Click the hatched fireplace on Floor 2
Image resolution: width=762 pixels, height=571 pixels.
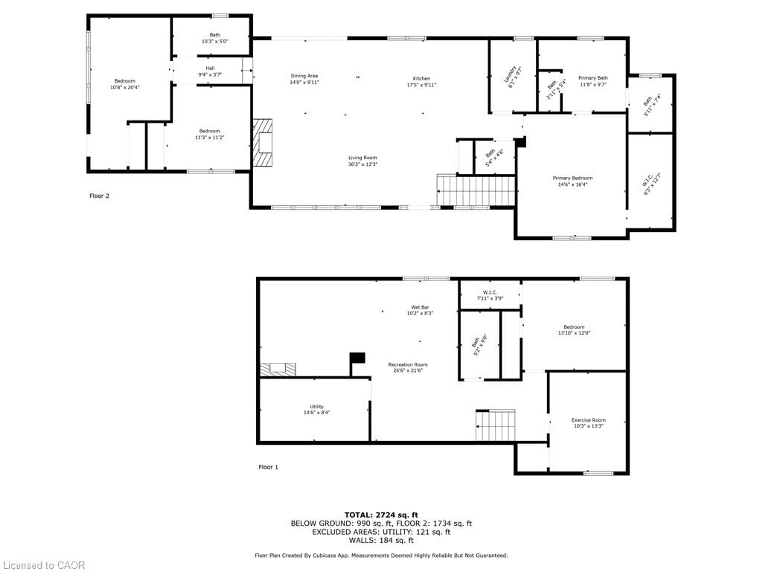coord(263,143)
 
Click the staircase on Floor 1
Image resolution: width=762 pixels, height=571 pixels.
coord(495,425)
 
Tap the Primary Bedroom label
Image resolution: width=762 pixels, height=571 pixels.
coord(572,178)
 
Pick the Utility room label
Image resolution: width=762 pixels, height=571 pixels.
coord(317,406)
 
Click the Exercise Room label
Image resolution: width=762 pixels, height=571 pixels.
coord(588,420)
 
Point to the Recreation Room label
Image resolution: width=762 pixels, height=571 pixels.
coord(408,364)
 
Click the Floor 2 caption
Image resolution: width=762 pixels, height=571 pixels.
coord(99,196)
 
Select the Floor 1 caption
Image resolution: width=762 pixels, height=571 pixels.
coord(268,467)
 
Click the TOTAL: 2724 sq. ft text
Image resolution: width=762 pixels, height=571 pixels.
coord(381,515)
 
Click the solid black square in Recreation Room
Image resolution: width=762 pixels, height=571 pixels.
coord(358,358)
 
